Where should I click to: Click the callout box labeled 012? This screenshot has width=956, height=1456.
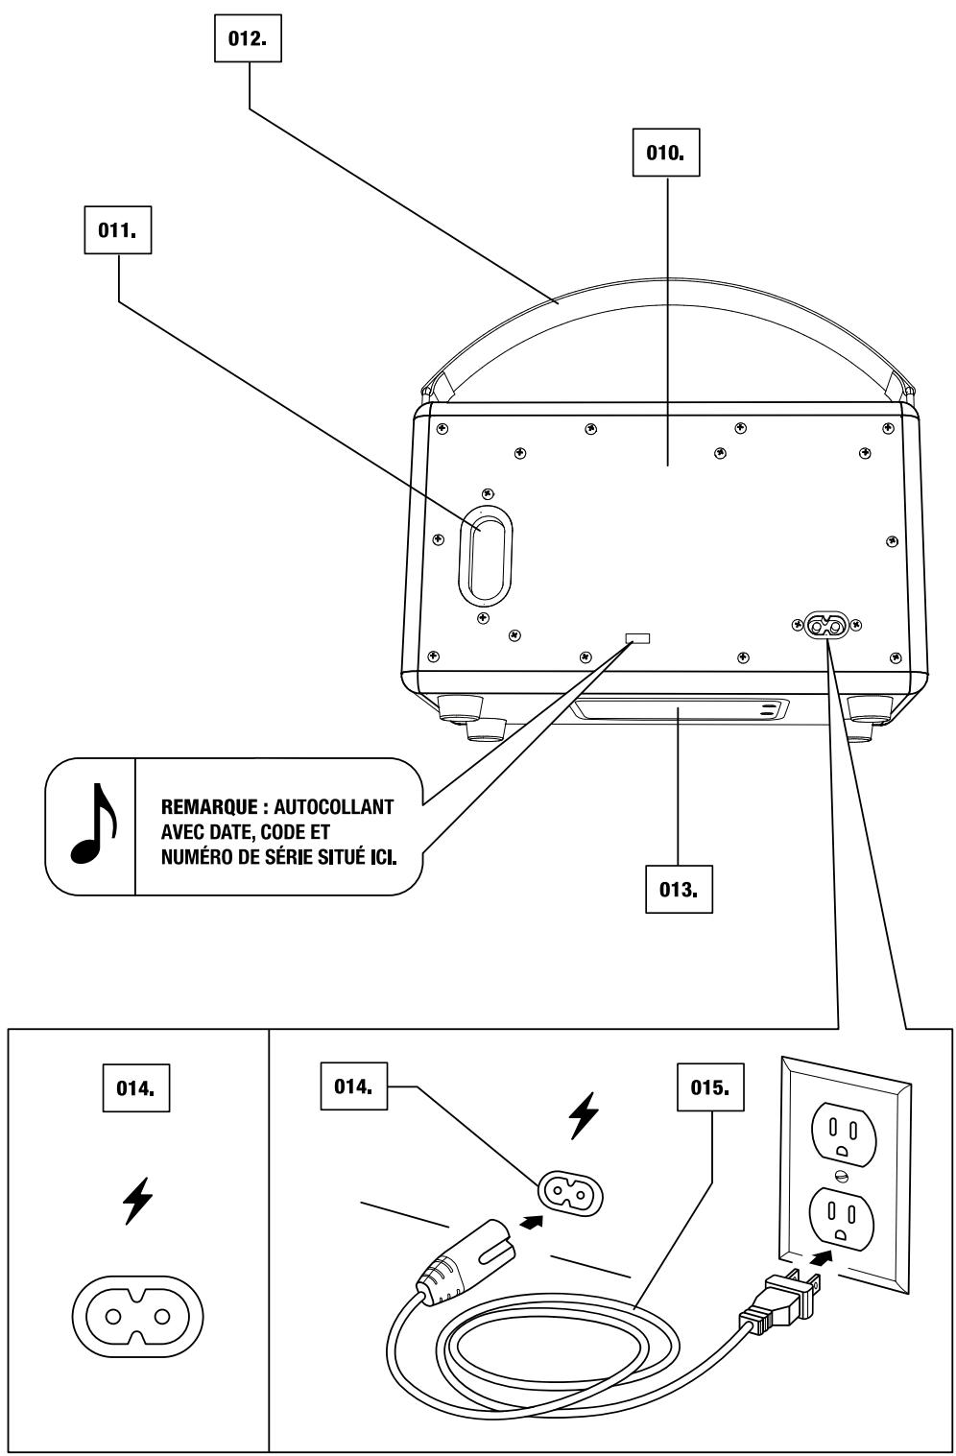click(248, 38)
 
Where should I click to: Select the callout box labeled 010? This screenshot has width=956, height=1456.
click(666, 153)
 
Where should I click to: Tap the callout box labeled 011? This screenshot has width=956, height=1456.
click(118, 230)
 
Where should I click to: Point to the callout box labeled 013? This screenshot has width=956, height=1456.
click(679, 889)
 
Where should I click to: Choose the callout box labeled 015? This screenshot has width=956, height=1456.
click(710, 1087)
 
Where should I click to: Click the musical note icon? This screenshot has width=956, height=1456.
click(94, 823)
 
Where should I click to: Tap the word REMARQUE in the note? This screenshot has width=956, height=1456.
click(209, 807)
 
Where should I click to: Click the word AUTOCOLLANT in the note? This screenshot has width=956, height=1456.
click(334, 807)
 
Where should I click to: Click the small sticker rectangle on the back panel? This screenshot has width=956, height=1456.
click(637, 637)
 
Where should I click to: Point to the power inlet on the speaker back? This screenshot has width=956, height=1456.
click(826, 625)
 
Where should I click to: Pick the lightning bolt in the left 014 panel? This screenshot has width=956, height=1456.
click(137, 1200)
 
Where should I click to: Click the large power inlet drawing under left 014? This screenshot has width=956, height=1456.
click(137, 1318)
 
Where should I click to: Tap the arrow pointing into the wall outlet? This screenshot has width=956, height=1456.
click(823, 1257)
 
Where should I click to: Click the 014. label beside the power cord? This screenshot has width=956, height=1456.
click(353, 1086)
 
